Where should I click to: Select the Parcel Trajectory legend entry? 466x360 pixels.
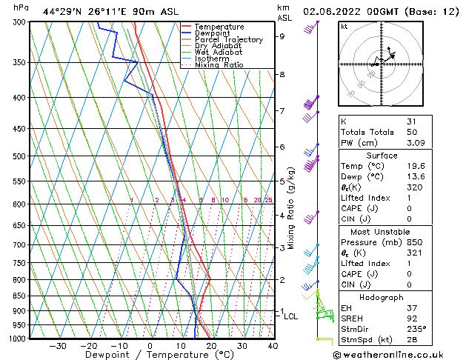point(228,40)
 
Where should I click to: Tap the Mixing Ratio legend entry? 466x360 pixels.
point(219,65)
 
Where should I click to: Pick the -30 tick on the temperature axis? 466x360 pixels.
point(57,346)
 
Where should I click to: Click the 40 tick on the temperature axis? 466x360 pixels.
point(273,346)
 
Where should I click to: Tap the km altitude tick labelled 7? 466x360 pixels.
point(282,111)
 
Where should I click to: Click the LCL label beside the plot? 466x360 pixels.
point(291,317)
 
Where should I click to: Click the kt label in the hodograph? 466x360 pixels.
point(344,26)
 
